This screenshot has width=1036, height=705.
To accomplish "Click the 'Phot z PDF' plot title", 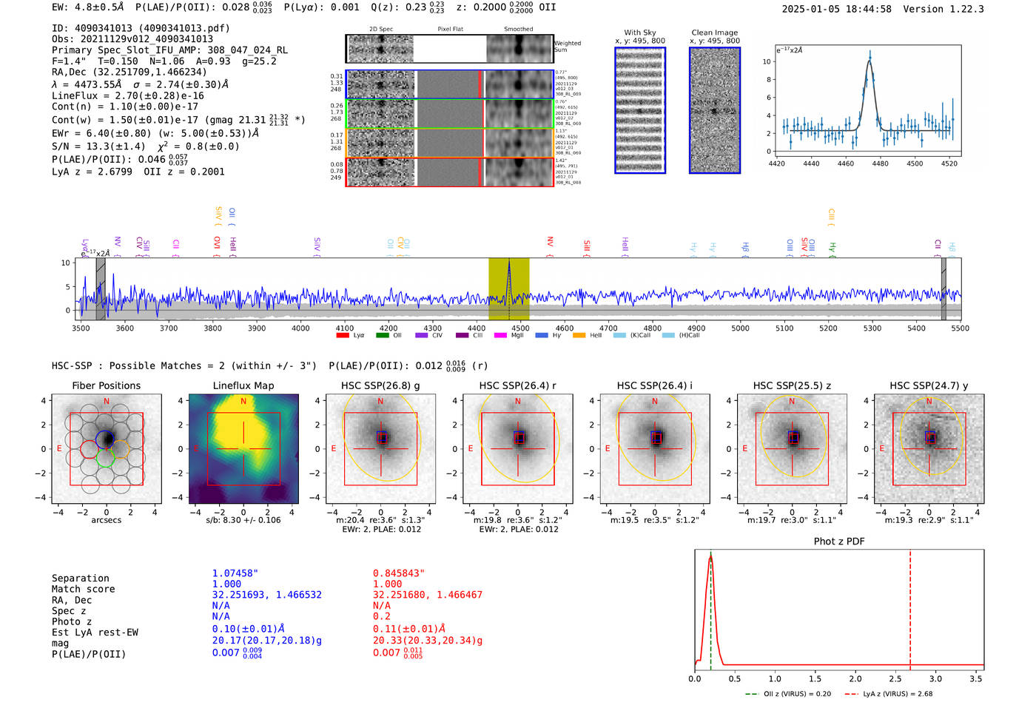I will (839, 542).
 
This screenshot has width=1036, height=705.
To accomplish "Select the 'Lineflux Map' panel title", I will (243, 385).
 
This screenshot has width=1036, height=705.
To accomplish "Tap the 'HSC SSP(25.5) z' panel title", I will (792, 385).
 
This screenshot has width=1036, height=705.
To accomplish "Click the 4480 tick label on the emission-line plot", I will (880, 163).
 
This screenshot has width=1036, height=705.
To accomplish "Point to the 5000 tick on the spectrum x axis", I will (740, 328).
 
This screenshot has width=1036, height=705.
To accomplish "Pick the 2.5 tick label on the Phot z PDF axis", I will (895, 678).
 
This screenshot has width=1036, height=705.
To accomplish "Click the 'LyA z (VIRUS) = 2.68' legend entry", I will (897, 694).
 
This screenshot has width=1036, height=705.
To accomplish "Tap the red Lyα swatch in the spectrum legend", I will (343, 336).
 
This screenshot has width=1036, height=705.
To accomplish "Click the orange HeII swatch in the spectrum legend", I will (579, 336).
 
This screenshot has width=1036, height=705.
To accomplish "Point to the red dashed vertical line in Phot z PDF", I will (910, 607).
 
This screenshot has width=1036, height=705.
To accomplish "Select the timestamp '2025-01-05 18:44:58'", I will (836, 10).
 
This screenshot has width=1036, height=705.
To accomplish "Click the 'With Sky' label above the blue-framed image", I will (639, 33).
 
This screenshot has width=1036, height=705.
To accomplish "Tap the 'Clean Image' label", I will (714, 33).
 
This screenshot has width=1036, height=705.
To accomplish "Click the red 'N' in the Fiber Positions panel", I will (107, 402).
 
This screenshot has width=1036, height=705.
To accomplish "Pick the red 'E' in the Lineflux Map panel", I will (196, 449).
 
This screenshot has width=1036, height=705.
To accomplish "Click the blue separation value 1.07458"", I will (235, 573).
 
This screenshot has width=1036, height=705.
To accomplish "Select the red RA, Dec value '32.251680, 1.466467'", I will (428, 595).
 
